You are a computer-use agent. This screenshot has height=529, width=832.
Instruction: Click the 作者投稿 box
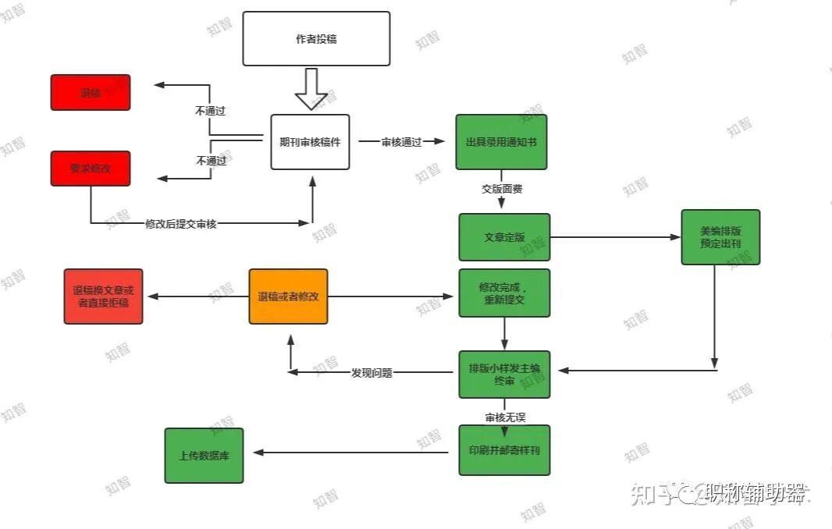316,38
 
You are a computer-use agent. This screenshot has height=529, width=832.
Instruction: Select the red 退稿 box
91,92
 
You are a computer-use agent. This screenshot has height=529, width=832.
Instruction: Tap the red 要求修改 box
91,169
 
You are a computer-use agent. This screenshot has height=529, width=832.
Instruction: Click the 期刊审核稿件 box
310,142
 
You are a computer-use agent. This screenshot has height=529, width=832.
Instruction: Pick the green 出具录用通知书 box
501,142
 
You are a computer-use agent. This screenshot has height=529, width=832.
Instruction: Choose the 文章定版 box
504,237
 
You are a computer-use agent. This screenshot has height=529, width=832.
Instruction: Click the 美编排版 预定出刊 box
720,237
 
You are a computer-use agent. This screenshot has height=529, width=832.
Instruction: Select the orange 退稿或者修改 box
288,296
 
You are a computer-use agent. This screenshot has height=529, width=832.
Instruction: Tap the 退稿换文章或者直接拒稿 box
103,296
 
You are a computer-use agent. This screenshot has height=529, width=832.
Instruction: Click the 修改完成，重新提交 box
504,293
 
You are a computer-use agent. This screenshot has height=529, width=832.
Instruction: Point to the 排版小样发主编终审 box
504,375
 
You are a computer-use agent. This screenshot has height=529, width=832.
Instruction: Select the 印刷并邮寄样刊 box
504,450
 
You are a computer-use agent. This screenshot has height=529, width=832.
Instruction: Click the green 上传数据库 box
204,455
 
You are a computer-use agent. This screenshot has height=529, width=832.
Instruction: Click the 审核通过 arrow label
401,142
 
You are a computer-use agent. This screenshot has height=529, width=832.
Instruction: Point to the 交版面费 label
501,189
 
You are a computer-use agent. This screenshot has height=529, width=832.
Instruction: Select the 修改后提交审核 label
181,224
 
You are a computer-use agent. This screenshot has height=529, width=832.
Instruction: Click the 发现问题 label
372,373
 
